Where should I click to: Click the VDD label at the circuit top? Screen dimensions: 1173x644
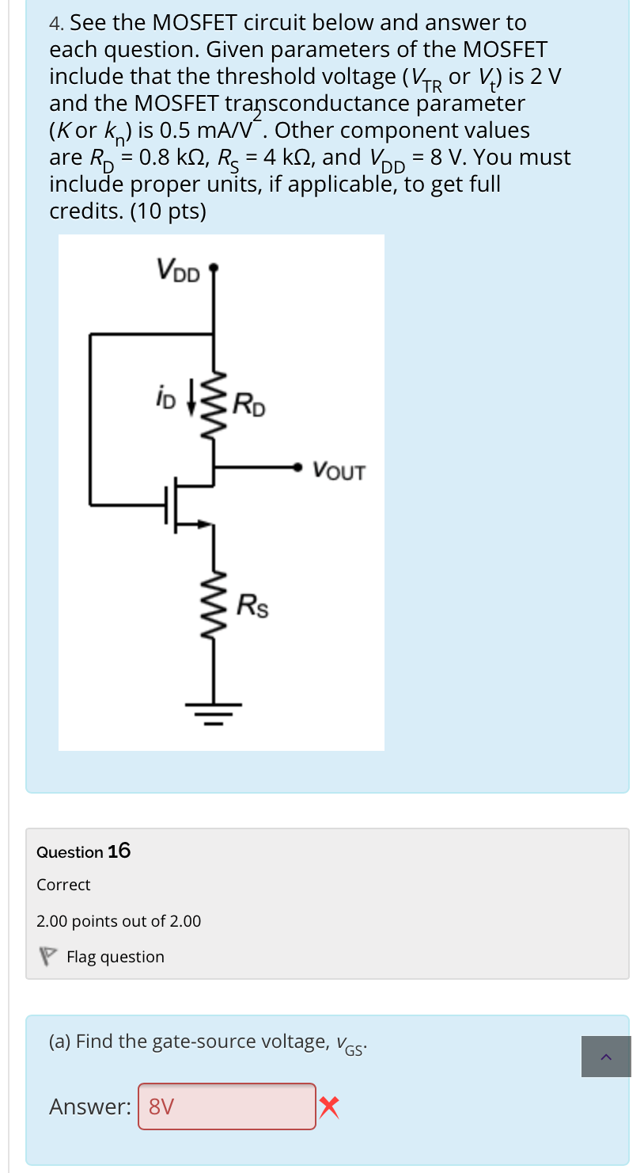pyautogui.click(x=179, y=269)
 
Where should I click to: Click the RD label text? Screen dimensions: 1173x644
pyautogui.click(x=251, y=407)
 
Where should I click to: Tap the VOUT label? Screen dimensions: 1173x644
pyautogui.click(x=339, y=471)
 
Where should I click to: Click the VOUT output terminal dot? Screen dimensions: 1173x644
pyautogui.click(x=298, y=467)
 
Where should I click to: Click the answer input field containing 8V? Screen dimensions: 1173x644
pyautogui.click(x=227, y=1106)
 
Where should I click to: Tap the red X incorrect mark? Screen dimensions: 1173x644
pyautogui.click(x=330, y=1106)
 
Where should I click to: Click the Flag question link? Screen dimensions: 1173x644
pyautogui.click(x=116, y=957)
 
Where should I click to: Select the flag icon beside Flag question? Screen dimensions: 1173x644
pyautogui.click(x=48, y=957)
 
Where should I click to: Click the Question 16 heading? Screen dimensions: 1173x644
pyautogui.click(x=84, y=851)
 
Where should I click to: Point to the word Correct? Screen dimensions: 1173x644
pyautogui.click(x=63, y=885)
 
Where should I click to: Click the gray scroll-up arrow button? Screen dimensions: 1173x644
pyautogui.click(x=606, y=1057)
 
